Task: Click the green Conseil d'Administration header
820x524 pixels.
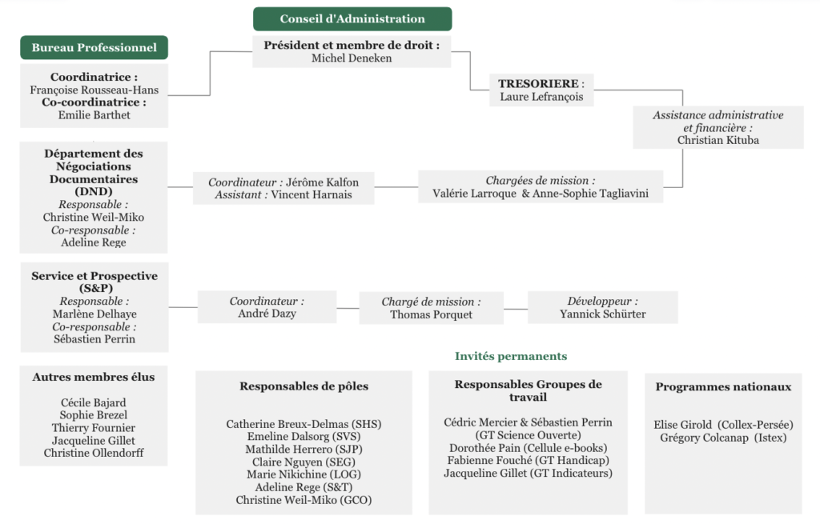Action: pos(352,19)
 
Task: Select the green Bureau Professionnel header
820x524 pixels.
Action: pos(94,48)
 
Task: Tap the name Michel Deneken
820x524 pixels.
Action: pos(352,58)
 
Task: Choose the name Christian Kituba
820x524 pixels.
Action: pos(717,140)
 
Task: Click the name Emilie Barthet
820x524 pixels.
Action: pos(94,115)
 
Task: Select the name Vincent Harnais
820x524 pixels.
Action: pos(312,194)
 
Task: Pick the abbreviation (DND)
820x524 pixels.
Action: pos(94,191)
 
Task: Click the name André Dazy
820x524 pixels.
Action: pos(267,314)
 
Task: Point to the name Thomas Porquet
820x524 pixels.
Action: pos(431,314)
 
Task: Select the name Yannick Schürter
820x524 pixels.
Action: pos(602,314)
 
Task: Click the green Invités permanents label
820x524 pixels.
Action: pos(511,356)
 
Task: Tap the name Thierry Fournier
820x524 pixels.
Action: pos(94,428)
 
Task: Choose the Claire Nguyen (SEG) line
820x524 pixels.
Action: pos(303,462)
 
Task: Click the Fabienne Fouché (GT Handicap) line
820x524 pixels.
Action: pos(528,460)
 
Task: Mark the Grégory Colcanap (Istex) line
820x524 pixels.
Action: pos(723,438)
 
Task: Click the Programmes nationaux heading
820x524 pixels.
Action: pos(723,387)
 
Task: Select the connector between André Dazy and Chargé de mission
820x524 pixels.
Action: pos(348,307)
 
